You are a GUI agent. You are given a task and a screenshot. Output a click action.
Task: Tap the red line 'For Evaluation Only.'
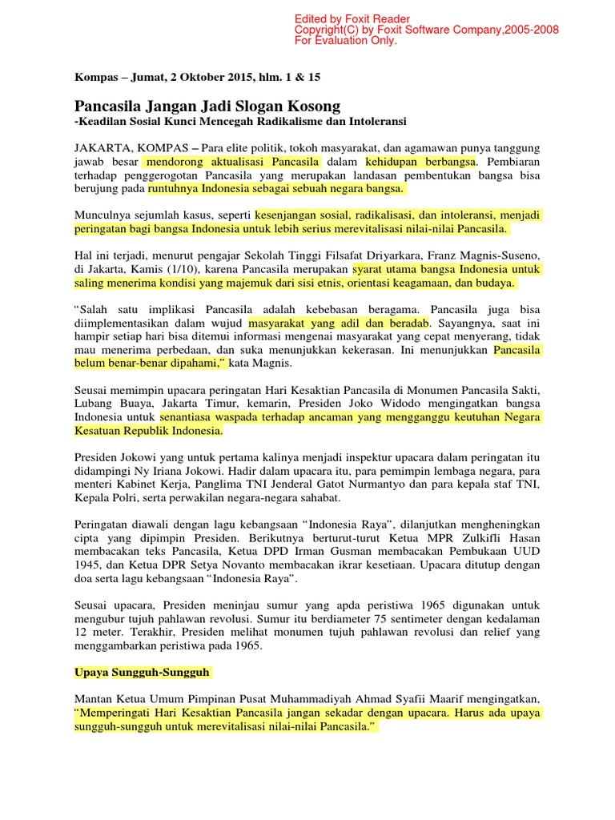tap(346, 41)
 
